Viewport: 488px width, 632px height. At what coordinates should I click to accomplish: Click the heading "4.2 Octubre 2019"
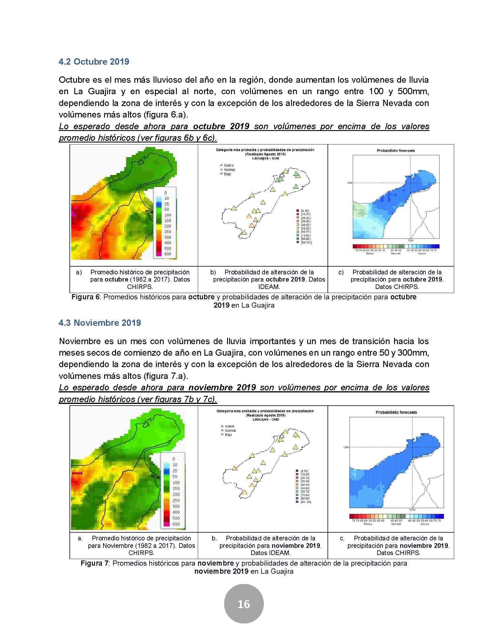point(94,62)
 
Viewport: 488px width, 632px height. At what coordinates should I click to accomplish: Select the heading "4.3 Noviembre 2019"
point(100,323)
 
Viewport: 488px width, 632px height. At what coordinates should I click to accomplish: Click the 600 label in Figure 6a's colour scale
point(167,254)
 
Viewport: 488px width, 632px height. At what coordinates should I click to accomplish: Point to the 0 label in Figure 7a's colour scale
point(173,459)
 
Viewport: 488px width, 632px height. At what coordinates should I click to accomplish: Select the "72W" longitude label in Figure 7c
point(412,510)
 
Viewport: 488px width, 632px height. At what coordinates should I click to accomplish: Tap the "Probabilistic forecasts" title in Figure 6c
point(396,151)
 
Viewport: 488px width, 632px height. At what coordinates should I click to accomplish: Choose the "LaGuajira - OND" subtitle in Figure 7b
point(266,419)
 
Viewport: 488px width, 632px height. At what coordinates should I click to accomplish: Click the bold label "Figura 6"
point(86,297)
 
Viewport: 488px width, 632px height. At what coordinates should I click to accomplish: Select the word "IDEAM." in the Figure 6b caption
point(269,287)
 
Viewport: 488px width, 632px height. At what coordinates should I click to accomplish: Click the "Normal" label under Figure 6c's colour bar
point(396,253)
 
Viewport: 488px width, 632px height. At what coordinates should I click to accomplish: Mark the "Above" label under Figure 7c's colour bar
point(424,524)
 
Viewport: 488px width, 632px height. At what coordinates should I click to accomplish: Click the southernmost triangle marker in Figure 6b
point(244,233)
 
